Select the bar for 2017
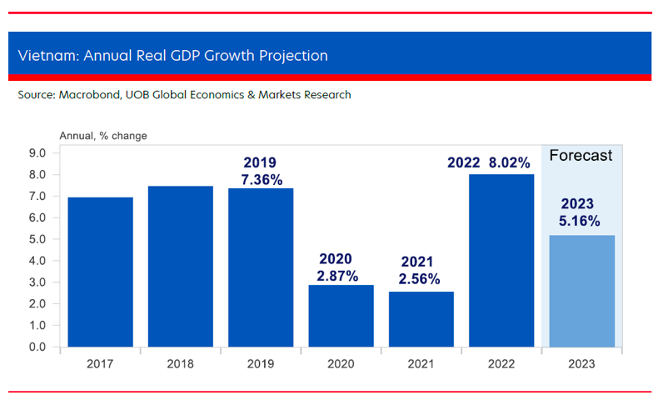[100, 272]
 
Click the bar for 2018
[180, 266]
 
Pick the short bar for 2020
[341, 316]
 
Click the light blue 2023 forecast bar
[581, 291]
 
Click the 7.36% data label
[260, 179]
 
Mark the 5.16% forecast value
[580, 222]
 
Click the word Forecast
[581, 155]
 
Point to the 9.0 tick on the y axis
[41, 153]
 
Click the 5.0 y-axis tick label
[41, 239]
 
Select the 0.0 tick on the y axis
[41, 347]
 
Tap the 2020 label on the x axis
[341, 364]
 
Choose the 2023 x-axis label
[581, 364]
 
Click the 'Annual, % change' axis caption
[102, 135]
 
